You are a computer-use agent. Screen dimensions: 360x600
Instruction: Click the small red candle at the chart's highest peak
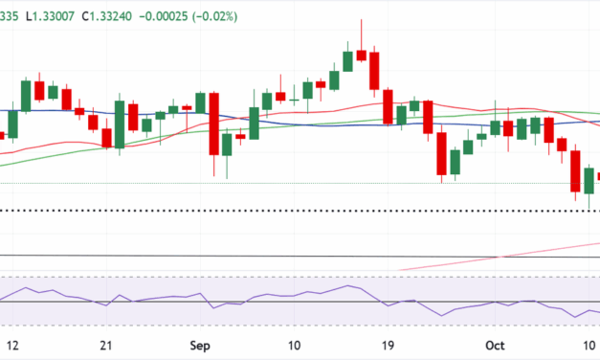click(x=361, y=55)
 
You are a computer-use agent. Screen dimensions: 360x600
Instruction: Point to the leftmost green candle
click(x=12, y=124)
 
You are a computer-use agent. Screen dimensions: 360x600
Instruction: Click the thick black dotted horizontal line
click(x=287, y=211)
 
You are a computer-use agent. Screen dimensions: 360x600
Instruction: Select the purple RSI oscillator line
click(x=287, y=302)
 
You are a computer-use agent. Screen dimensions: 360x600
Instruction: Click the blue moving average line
click(x=287, y=123)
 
